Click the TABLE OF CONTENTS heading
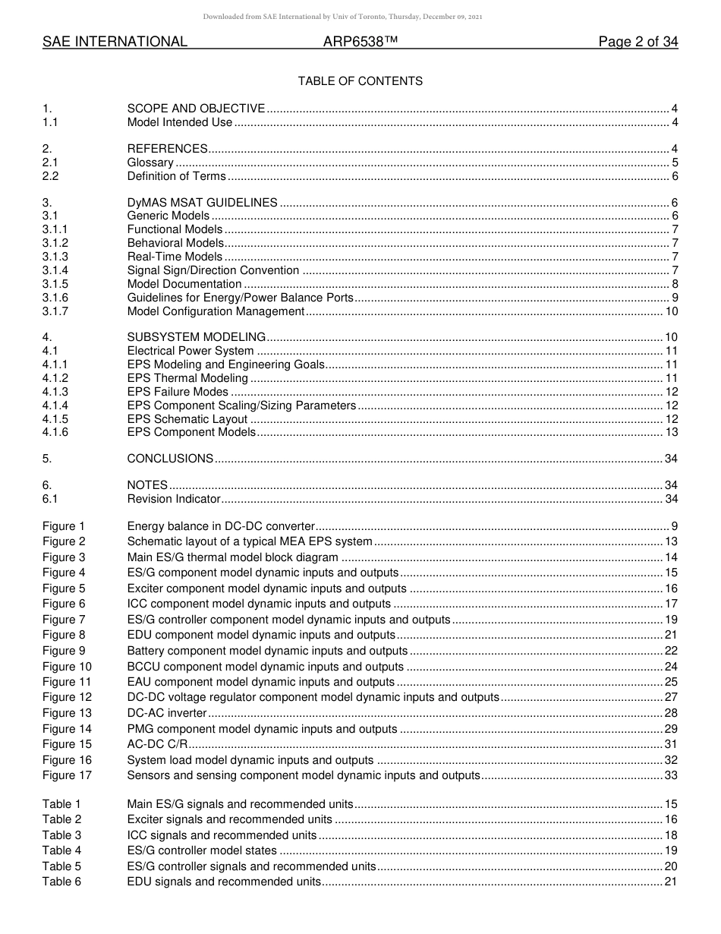(360, 81)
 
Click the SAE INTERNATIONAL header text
(115, 43)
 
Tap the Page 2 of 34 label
(638, 43)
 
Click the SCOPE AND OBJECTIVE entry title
(196, 109)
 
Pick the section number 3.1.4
(55, 270)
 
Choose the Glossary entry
(150, 163)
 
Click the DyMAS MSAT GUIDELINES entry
(202, 203)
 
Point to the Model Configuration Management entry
(216, 311)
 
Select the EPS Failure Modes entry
(178, 392)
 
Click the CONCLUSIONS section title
(170, 459)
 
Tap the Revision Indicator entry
(174, 499)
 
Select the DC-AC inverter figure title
(167, 713)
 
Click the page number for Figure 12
(671, 697)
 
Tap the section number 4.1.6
(55, 432)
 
